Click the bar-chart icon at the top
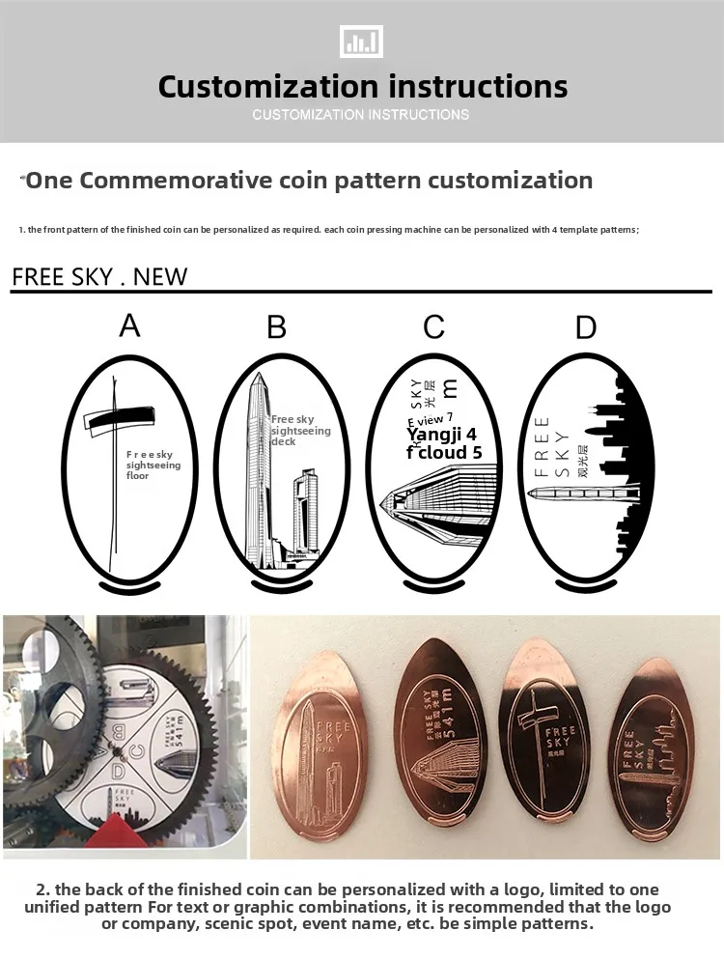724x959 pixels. click(362, 42)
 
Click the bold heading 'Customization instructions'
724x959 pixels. click(362, 87)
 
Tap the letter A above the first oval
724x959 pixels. click(129, 325)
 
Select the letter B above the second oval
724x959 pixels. click(277, 327)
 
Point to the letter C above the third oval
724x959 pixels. click(433, 327)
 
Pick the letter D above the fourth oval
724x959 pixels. click(586, 327)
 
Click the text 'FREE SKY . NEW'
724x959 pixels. click(99, 277)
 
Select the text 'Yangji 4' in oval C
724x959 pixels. click(441, 435)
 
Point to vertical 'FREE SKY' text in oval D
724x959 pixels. click(542, 446)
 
